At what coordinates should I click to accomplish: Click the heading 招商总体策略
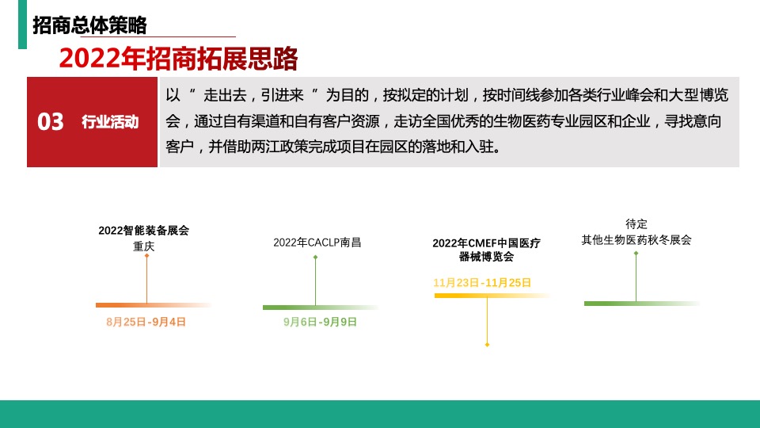[89, 25]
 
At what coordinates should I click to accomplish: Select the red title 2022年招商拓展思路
[178, 58]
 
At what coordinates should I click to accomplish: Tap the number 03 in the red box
[51, 122]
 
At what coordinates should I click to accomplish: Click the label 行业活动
[110, 122]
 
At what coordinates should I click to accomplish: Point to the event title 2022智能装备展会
[144, 231]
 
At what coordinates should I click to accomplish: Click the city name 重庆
[144, 246]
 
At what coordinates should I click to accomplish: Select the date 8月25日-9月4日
[146, 322]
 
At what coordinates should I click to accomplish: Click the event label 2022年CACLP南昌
[317, 243]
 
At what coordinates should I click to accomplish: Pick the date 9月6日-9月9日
[320, 322]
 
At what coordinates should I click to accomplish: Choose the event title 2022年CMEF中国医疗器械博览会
[486, 250]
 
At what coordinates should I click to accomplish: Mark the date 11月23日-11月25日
[482, 282]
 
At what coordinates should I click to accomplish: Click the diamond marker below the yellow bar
[487, 345]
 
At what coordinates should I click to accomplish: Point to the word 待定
[636, 224]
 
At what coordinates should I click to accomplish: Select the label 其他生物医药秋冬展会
[636, 239]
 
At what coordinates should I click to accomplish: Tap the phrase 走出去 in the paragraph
[225, 96]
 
